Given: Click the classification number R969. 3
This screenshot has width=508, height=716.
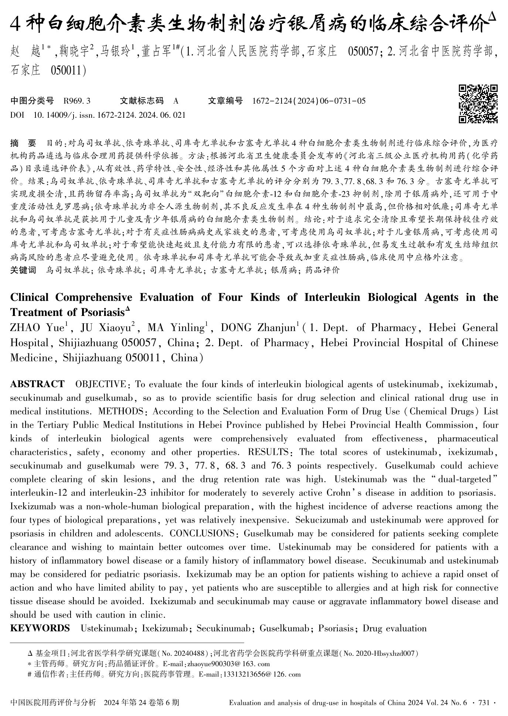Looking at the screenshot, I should [x=77, y=101].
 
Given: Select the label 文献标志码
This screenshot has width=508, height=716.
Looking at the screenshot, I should [x=142, y=101].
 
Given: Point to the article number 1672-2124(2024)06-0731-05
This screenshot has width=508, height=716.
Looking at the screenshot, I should [x=308, y=101].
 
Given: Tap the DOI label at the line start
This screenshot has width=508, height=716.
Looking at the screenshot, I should [x=17, y=115].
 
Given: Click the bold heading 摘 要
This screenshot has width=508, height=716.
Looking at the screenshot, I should [x=23, y=142].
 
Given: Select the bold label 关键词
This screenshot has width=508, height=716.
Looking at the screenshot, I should [x=23, y=270].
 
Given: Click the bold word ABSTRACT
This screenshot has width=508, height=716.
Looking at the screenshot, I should [x=37, y=384].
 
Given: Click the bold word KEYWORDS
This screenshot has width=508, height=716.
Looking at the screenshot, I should [x=40, y=628].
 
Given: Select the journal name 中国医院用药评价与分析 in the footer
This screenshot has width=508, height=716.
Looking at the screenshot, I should [x=53, y=702].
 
